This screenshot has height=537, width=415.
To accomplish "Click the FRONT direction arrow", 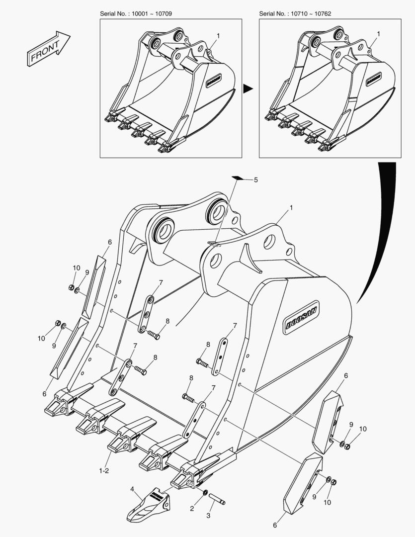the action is (x=48, y=48).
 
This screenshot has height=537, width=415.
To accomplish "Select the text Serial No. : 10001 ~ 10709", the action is (x=136, y=14).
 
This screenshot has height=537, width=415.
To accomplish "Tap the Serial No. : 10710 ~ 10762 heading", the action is (x=295, y=14).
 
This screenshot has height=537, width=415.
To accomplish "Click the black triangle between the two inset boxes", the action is (x=248, y=89).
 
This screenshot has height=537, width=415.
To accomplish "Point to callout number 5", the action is (x=256, y=180).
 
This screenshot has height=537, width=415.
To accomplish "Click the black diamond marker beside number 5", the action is (x=238, y=178).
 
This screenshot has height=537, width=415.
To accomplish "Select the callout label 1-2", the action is (x=104, y=470).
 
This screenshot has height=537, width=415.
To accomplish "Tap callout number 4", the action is (x=132, y=489).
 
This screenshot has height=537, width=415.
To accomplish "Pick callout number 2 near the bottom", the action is (x=192, y=509).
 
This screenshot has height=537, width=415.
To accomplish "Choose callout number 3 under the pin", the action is (x=208, y=516).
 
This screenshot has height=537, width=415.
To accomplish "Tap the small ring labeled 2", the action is (x=205, y=493).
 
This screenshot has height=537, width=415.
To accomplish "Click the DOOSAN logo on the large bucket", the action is (x=302, y=317).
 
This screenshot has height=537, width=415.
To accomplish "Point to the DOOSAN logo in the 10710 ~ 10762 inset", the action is (x=374, y=79).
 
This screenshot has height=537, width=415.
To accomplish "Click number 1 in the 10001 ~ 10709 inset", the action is (x=218, y=36).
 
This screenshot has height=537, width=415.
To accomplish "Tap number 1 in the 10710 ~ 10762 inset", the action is (x=378, y=34).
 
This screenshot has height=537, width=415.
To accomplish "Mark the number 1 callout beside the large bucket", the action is (x=291, y=207).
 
